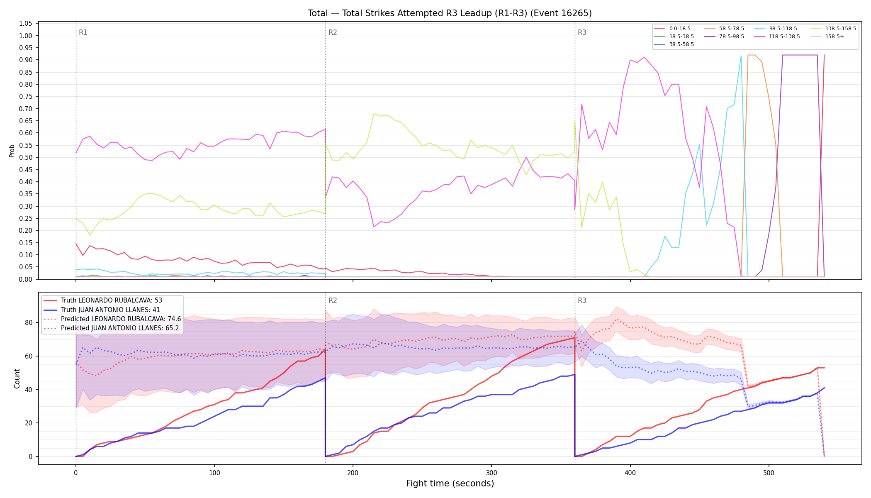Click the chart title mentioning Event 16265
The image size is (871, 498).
click(450, 13)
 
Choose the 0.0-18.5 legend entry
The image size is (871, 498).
click(672, 29)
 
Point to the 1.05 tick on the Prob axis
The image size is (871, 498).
click(26, 24)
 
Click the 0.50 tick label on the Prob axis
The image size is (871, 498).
click(26, 158)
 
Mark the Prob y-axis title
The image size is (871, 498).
click(12, 151)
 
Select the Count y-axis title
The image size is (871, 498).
click(17, 378)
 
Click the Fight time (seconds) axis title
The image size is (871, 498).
click(450, 483)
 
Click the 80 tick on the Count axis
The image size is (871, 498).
click(29, 322)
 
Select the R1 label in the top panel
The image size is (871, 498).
click(83, 32)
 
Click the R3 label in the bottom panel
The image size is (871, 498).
click(582, 300)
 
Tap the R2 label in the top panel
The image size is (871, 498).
click(333, 32)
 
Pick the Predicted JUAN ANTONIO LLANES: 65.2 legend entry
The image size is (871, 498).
click(112, 328)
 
